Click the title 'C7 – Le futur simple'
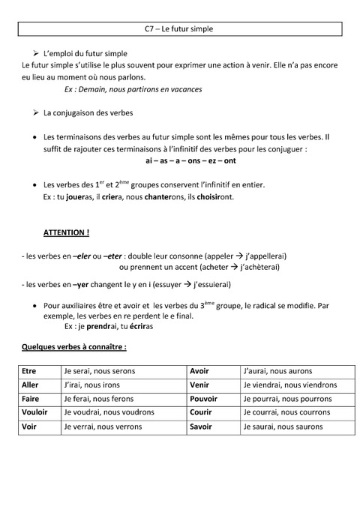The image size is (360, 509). (x=178, y=29)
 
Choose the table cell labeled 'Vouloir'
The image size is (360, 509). (x=35, y=413)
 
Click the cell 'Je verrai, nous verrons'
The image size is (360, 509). (x=111, y=427)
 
